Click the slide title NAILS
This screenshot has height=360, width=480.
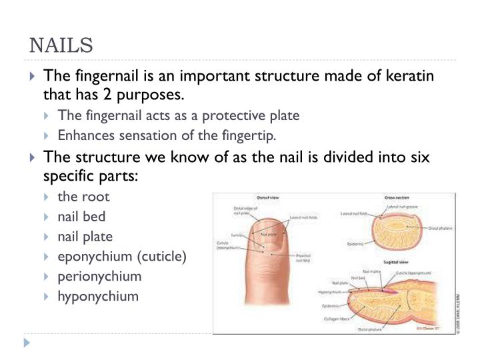(61, 46)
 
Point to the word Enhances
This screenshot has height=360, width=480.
(84, 135)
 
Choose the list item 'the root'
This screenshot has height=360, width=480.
(83, 197)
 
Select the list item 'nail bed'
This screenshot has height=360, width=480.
(81, 217)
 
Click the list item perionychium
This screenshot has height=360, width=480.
(100, 276)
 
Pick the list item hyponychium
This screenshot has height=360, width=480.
(98, 296)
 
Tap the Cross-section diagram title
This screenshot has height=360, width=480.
(397, 199)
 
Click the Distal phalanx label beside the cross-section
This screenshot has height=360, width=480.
(439, 229)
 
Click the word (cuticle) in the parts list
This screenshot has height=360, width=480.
(164, 256)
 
